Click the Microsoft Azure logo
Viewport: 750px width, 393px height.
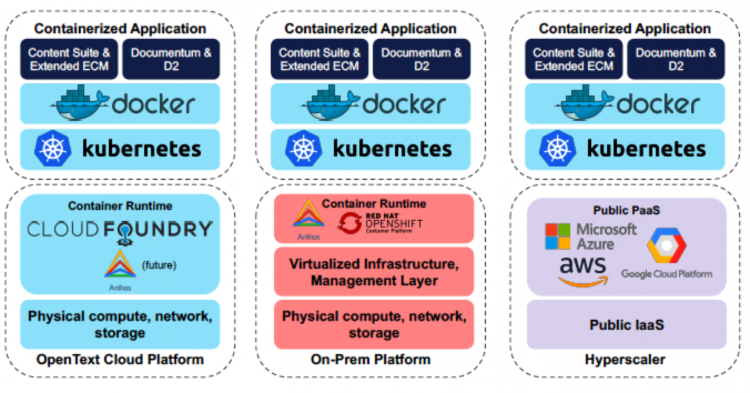click(590, 237)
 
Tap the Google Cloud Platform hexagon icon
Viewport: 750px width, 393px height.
click(666, 246)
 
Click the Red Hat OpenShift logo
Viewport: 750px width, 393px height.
click(379, 223)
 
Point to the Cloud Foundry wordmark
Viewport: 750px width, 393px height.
click(120, 230)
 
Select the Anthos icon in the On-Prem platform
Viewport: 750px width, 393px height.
click(307, 214)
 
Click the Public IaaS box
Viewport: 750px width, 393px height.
click(626, 325)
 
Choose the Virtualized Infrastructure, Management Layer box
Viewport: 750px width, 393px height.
click(374, 272)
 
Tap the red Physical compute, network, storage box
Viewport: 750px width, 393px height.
click(374, 324)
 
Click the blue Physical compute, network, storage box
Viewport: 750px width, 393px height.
click(120, 324)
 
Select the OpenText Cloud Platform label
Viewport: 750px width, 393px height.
click(120, 359)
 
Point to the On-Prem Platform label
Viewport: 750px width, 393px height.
click(371, 359)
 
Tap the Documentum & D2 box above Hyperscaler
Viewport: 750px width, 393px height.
click(676, 59)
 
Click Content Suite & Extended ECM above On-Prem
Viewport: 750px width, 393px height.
click(319, 59)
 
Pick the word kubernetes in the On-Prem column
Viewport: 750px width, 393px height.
click(392, 149)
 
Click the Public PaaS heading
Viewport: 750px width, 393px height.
click(626, 209)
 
